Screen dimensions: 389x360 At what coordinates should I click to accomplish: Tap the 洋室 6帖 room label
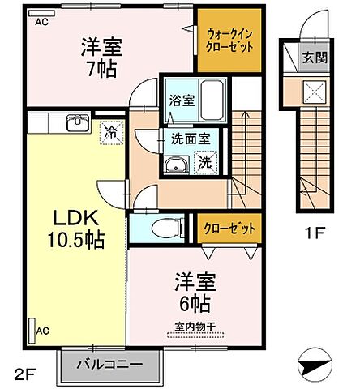[x=193, y=293]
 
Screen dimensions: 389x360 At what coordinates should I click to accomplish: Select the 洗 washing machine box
[x=206, y=162]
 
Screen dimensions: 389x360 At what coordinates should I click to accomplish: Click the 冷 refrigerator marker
[x=111, y=130]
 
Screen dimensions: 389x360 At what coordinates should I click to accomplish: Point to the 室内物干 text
[x=193, y=326]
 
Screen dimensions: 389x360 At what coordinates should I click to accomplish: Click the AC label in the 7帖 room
[x=41, y=22]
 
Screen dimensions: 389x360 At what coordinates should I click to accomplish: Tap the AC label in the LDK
[x=42, y=331]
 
